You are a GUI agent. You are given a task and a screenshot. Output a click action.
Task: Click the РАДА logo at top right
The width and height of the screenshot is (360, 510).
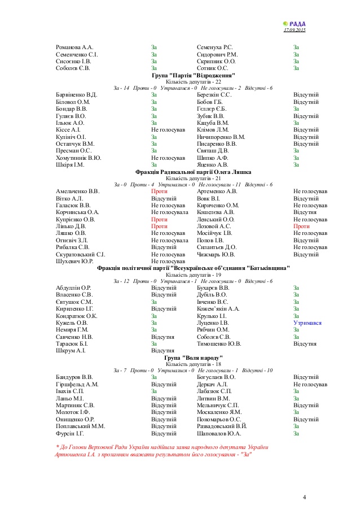click(293, 23)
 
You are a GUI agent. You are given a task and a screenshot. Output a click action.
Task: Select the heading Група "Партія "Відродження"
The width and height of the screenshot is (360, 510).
click(194, 75)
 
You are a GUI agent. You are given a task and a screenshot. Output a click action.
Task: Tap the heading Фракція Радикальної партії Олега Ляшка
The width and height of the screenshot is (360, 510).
click(194, 171)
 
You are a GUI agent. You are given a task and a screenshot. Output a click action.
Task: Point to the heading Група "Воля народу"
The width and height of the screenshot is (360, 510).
click(194, 358)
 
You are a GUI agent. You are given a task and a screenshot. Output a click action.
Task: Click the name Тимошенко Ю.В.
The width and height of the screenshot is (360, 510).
click(219, 343)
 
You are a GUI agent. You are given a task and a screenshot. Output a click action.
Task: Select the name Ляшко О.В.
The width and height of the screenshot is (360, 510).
click(71, 233)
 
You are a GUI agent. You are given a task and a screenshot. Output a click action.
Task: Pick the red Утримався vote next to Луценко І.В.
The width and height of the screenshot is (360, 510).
click(308, 323)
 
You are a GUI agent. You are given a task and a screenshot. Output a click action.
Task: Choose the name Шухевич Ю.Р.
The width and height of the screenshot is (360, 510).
click(74, 261)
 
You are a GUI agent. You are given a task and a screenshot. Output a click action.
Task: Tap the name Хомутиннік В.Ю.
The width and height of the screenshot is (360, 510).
click(79, 158)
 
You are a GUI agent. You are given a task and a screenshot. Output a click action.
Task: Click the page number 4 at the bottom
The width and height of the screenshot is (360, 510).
click(304, 497)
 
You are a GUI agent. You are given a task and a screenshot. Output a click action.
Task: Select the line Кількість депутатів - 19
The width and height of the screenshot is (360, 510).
click(194, 274)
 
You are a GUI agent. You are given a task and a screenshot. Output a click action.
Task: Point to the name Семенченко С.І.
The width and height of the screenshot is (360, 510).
click(77, 54)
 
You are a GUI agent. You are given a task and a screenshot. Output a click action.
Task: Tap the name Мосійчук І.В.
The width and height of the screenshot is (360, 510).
click(214, 233)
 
